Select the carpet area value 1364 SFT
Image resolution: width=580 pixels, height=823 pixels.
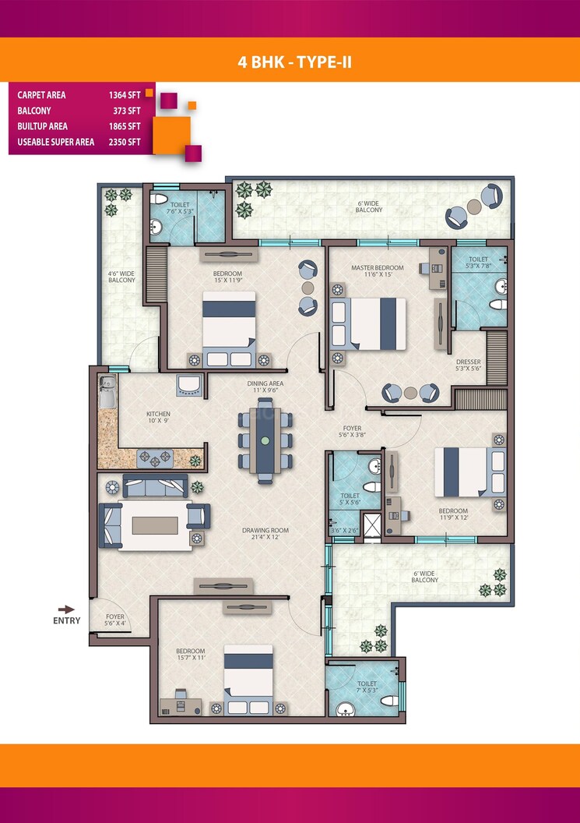pyautogui.click(x=125, y=95)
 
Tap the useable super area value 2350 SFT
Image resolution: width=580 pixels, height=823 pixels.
pyautogui.click(x=125, y=142)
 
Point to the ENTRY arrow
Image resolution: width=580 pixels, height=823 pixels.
pyautogui.click(x=67, y=609)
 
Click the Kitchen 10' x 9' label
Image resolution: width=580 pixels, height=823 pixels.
pyautogui.click(x=158, y=418)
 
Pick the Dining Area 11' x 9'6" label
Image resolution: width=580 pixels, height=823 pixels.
pyautogui.click(x=265, y=387)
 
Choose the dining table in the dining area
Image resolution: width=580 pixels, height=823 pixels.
pyautogui.click(x=265, y=440)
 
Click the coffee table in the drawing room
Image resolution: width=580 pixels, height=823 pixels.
pyautogui.click(x=159, y=525)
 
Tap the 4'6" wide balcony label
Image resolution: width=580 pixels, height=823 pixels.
pyautogui.click(x=121, y=276)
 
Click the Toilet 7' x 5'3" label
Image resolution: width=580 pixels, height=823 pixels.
pyautogui.click(x=367, y=667)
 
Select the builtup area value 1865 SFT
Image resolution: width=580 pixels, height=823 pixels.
pyautogui.click(x=125, y=126)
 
